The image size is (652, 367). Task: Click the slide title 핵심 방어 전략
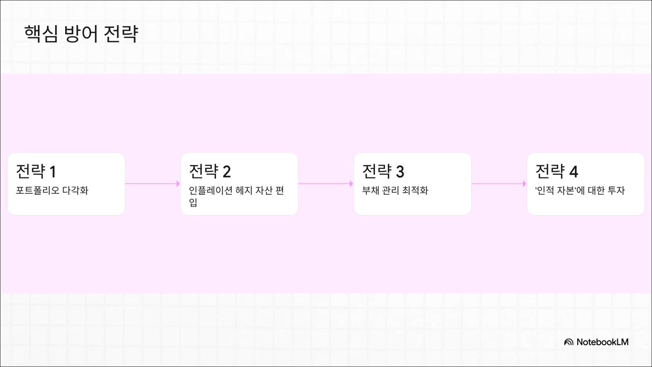tap(81, 34)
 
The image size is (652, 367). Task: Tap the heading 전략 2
tap(210, 171)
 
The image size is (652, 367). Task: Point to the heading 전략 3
tap(383, 171)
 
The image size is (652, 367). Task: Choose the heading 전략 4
tap(556, 171)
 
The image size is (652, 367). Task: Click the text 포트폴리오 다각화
tap(52, 191)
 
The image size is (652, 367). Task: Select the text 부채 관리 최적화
tap(395, 191)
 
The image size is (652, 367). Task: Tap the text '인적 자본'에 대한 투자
tap(580, 191)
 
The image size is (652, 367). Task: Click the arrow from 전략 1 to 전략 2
tap(153, 183)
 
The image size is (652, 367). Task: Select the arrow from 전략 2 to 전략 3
tap(326, 183)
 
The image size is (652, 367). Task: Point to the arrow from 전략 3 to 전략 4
tap(499, 183)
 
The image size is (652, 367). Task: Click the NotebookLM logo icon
tap(568, 342)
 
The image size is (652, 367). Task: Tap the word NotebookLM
tap(603, 342)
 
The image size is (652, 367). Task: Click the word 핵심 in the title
tap(41, 34)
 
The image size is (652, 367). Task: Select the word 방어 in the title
tap(80, 34)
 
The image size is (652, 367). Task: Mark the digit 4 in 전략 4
tap(574, 172)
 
